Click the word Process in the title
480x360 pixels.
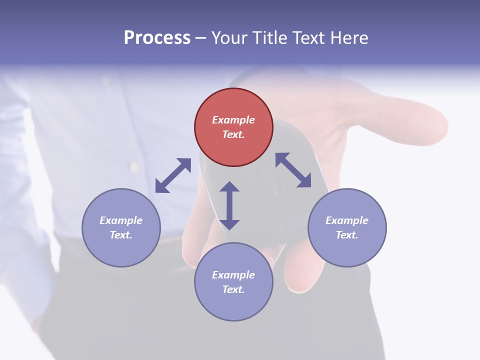(157, 38)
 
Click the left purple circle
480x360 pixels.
(121, 227)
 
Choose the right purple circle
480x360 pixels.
(347, 227)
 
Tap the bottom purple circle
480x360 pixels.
(233, 281)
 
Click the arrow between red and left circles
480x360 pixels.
(173, 175)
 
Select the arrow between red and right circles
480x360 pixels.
(293, 170)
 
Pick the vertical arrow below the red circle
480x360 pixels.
(229, 205)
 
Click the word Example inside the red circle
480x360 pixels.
(233, 120)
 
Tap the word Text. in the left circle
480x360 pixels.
(121, 235)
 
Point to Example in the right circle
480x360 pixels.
(347, 220)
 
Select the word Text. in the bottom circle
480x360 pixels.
(233, 289)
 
